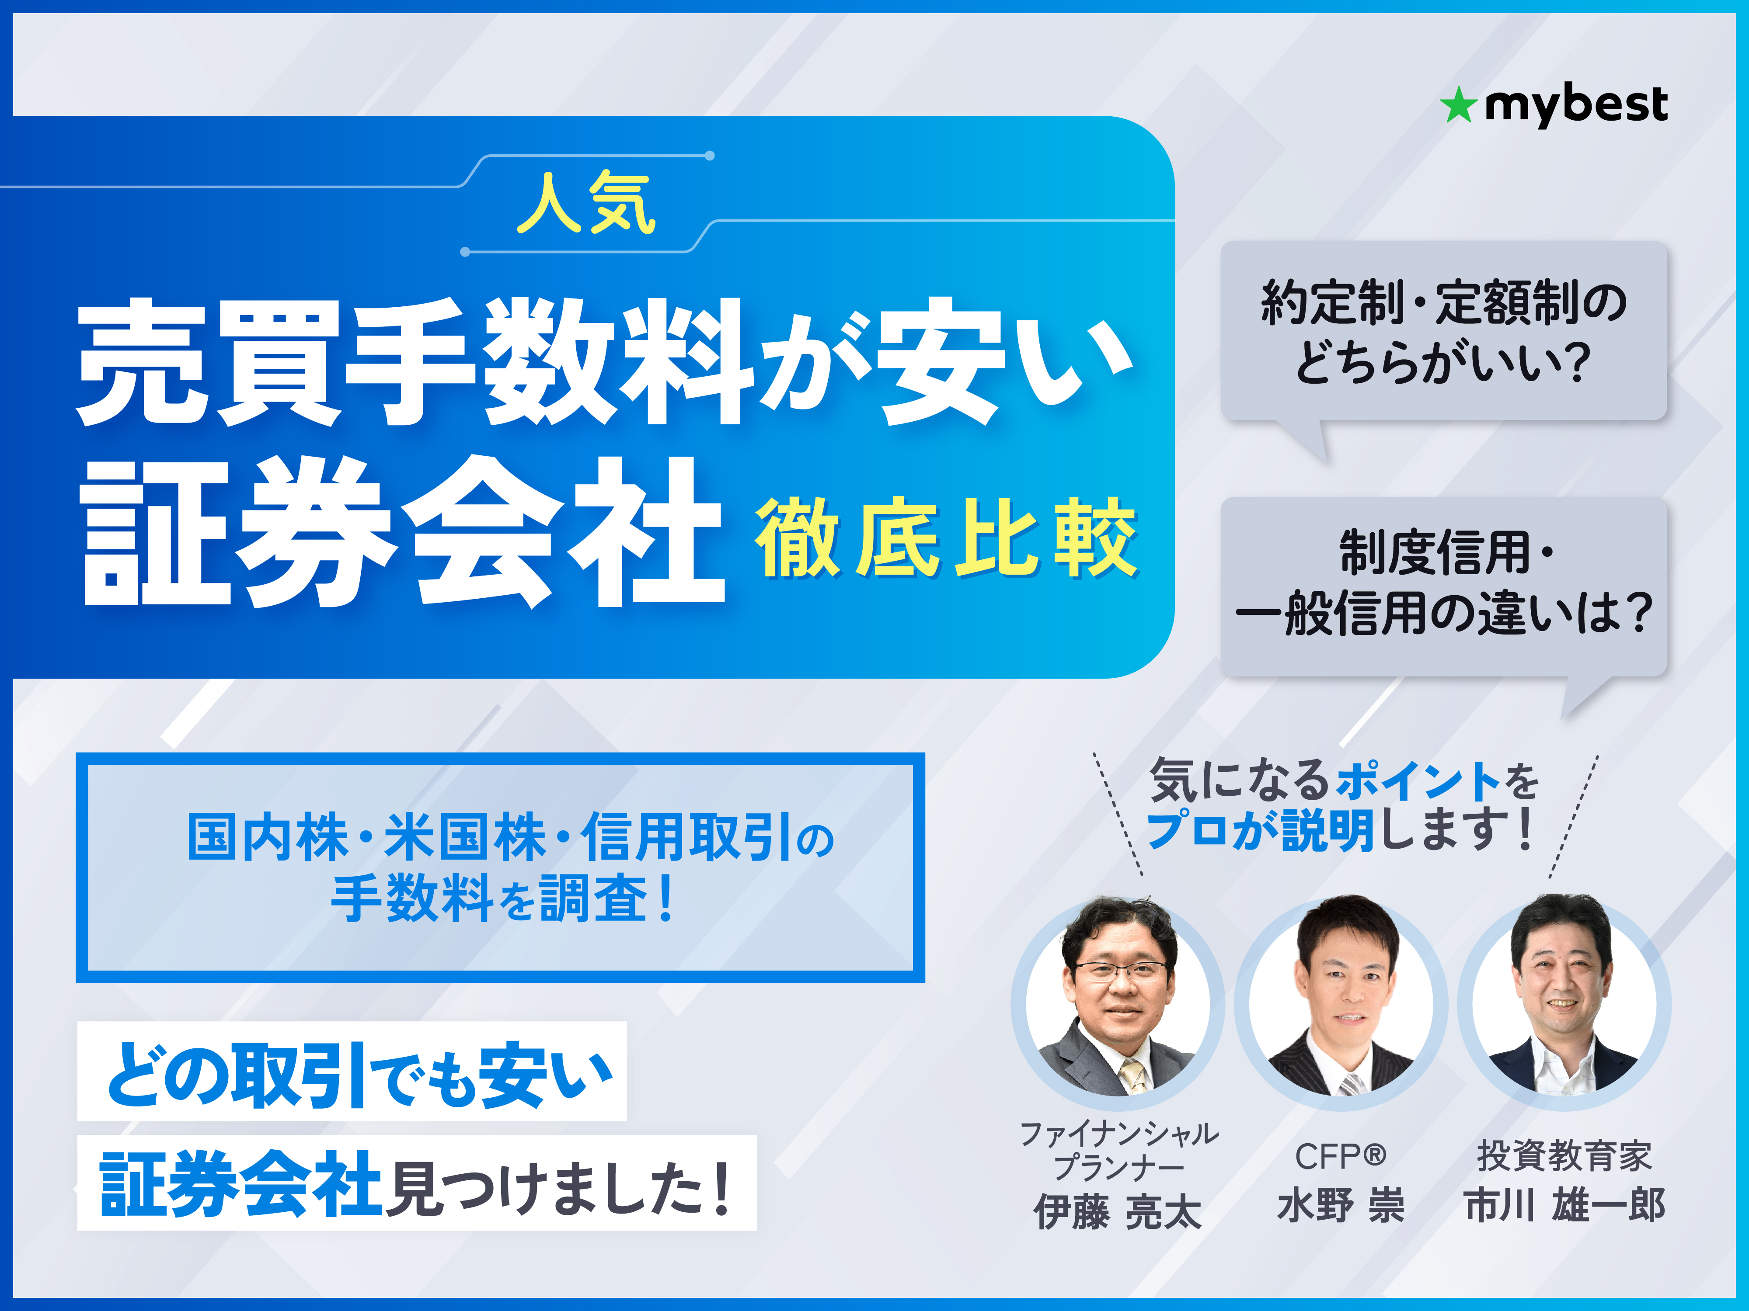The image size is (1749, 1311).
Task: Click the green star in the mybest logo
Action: [1457, 106]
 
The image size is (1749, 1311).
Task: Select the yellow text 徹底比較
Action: [946, 538]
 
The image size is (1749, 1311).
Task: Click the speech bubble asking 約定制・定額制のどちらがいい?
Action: [1443, 331]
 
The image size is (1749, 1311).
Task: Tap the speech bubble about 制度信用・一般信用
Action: [1443, 585]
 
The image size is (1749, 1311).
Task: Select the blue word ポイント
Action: [1418, 781]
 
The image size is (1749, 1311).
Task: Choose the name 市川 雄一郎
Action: [1564, 1205]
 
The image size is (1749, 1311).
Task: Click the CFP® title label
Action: [1340, 1156]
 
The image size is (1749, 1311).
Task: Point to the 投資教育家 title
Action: [1564, 1156]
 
